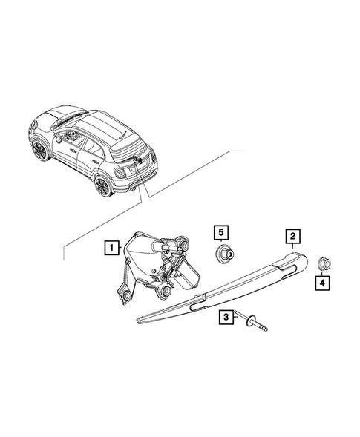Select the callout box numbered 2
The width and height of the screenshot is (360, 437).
(x=293, y=237)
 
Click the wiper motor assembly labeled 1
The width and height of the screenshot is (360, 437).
(x=156, y=267)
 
